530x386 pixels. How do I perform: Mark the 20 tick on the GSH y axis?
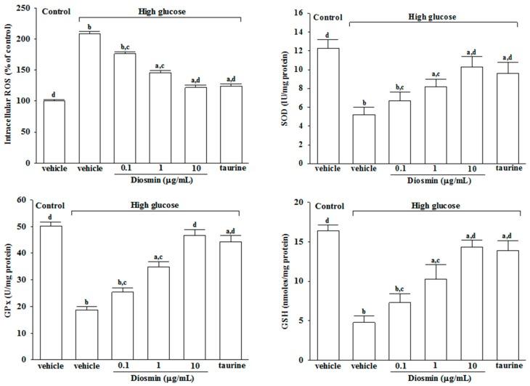[x=298, y=202]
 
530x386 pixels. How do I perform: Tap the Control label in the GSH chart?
[x=327, y=206]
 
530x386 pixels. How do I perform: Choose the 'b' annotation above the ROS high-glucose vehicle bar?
[x=89, y=26]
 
